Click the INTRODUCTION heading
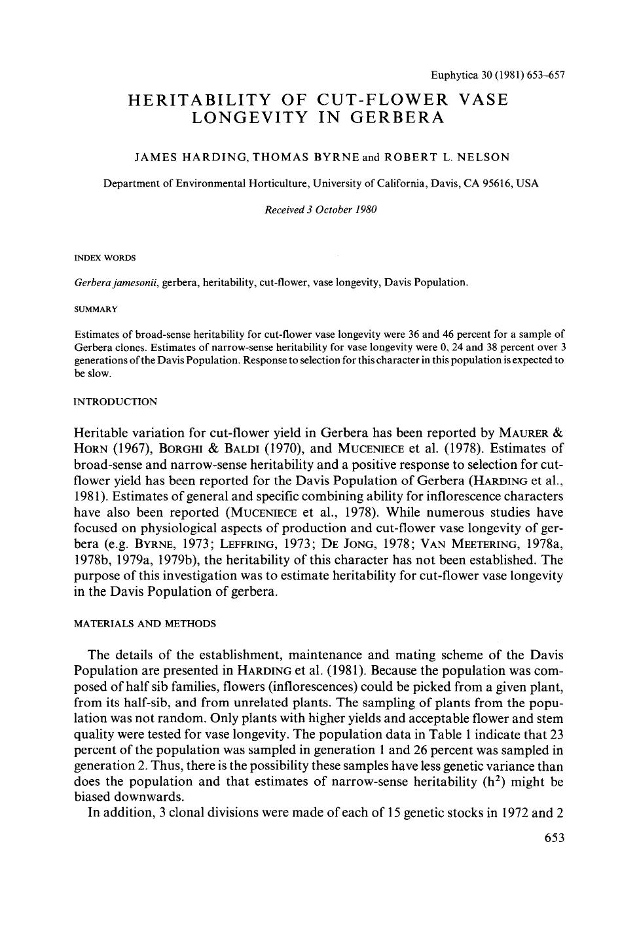[115, 401]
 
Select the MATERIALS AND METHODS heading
[145, 623]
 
